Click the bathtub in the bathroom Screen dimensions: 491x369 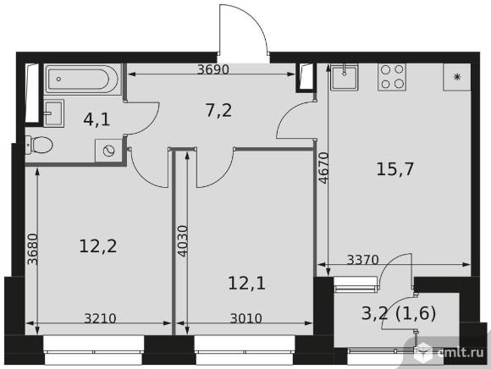point(82,80)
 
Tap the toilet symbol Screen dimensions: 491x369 point(39,145)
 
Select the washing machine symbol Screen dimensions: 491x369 point(108,151)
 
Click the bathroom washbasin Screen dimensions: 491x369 point(53,113)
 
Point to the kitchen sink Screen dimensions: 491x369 point(345,77)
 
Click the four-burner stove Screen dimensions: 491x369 point(392,77)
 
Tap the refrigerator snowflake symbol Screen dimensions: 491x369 point(457,77)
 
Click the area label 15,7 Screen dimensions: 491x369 point(394,169)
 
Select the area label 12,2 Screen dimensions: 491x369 point(98,246)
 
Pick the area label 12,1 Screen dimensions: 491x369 point(246,284)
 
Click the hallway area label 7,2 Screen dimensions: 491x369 point(219,111)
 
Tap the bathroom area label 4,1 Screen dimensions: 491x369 point(97,119)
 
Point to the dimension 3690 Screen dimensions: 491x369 point(213,69)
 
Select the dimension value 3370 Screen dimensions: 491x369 point(363,260)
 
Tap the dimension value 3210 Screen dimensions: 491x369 point(100,318)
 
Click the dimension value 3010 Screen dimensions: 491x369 point(246,318)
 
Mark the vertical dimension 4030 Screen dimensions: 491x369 point(183,241)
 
